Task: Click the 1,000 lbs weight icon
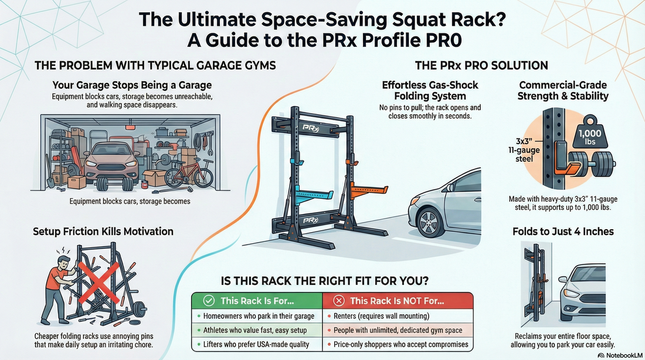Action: [593, 137]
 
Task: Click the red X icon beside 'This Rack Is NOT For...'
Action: [338, 301]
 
